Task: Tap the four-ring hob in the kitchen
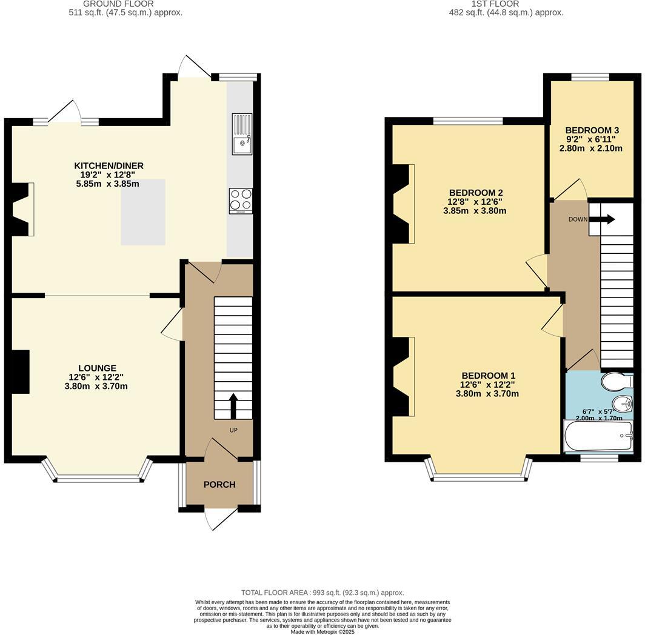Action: click(241, 201)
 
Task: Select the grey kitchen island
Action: click(143, 212)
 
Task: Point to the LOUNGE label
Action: click(97, 368)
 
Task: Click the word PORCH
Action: click(219, 484)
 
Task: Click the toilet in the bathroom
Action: click(615, 382)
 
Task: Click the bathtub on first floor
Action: click(598, 436)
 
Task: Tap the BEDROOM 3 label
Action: click(592, 130)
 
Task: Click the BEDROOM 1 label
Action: click(487, 375)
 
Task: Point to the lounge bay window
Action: click(97, 479)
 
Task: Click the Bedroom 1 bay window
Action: click(479, 477)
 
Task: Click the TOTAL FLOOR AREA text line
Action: click(322, 593)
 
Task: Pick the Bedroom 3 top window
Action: click(590, 76)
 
